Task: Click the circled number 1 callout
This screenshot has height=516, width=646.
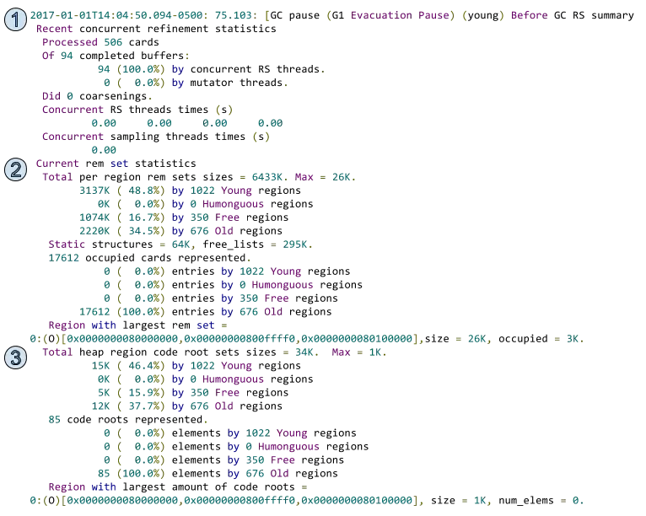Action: coord(16,19)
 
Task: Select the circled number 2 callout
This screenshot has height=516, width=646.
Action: coord(16,169)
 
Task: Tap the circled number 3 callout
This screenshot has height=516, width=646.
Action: coord(16,357)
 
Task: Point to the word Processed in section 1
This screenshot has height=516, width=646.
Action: coord(69,40)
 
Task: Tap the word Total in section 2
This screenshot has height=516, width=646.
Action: coord(57,176)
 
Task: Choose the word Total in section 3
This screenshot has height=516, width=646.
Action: coord(57,352)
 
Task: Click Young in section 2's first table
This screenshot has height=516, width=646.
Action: coord(237,190)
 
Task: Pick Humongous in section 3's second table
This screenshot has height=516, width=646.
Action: coord(288,446)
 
